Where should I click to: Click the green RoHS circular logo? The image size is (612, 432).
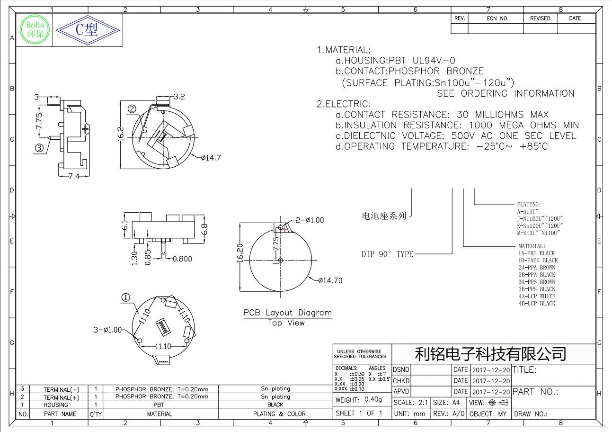point(35,30)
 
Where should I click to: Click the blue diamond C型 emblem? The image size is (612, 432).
point(88,30)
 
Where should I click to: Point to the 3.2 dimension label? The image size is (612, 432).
point(179,97)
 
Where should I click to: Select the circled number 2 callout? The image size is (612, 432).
point(132,109)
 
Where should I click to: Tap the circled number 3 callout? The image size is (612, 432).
point(39,148)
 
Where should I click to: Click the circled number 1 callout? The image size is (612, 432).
point(126,297)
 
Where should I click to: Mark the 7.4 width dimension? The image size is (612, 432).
point(74,176)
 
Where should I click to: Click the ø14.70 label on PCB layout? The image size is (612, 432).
point(330,280)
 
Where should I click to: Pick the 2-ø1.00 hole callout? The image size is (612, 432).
point(310,220)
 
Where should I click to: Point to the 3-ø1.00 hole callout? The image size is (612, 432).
point(107,330)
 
